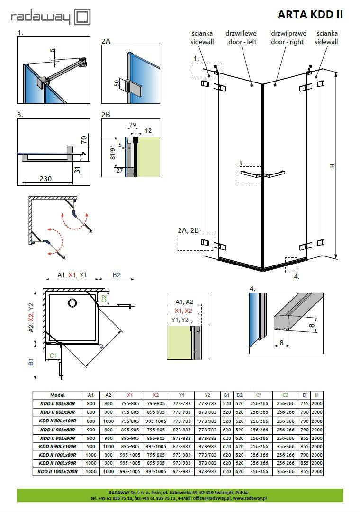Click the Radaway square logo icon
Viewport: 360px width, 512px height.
click(x=82, y=17)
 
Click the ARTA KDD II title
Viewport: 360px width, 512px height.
click(x=310, y=14)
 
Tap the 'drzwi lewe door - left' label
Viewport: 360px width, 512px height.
click(x=241, y=37)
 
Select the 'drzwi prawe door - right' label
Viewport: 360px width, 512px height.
click(x=288, y=37)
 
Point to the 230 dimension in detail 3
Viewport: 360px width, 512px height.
click(x=45, y=179)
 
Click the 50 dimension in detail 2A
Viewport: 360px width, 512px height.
click(x=117, y=83)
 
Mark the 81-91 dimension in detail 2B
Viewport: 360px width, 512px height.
click(x=113, y=153)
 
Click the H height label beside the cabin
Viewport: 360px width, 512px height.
click(x=332, y=165)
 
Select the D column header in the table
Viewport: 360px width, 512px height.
click(x=304, y=395)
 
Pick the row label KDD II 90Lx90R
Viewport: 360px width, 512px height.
click(x=57, y=438)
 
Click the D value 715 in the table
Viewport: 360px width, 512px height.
click(x=304, y=403)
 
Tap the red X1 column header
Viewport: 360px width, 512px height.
click(x=130, y=395)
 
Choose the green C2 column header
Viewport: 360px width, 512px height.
click(x=285, y=395)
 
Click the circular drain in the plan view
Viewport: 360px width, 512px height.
click(x=72, y=302)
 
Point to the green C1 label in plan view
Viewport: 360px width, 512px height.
click(x=53, y=356)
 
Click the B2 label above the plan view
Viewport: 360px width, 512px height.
click(x=116, y=275)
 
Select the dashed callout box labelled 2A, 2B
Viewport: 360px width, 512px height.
click(x=195, y=242)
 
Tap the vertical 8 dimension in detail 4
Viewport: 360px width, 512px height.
click(x=312, y=325)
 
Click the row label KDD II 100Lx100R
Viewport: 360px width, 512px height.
click(x=57, y=472)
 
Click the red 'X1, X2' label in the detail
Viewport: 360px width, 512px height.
click(x=183, y=311)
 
